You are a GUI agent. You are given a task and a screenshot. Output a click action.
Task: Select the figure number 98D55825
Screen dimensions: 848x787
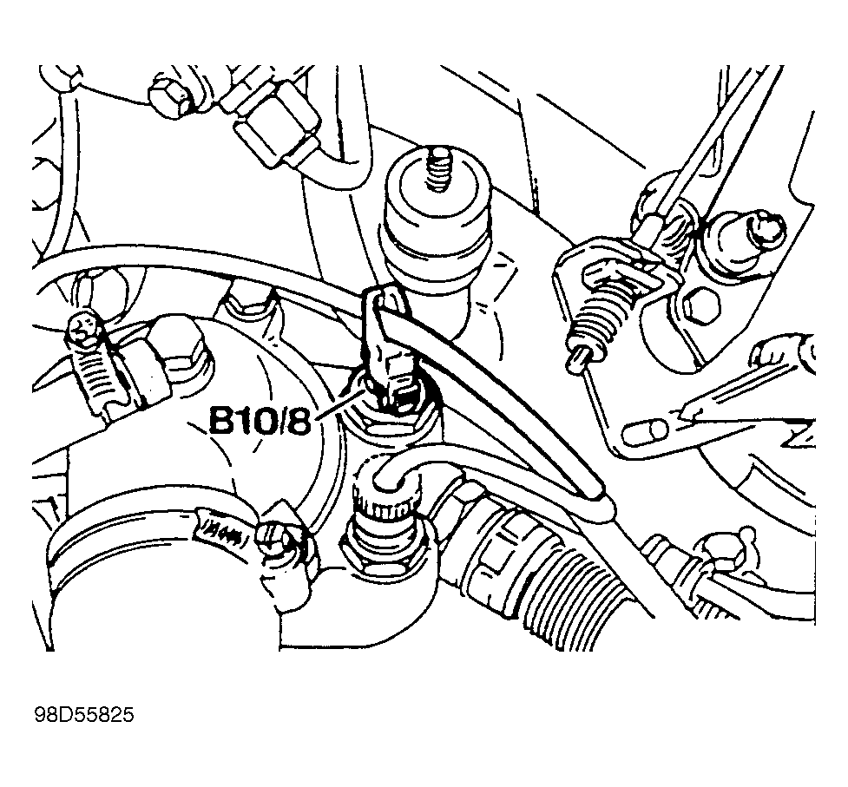click(x=84, y=715)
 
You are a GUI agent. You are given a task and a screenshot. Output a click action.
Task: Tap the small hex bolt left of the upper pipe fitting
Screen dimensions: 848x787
click(x=171, y=96)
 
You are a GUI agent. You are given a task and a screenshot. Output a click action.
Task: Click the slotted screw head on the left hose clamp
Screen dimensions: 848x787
click(x=82, y=331)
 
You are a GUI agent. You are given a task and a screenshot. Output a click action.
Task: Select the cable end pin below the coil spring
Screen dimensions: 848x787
click(x=579, y=357)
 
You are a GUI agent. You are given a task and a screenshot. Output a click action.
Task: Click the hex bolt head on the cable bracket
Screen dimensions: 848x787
click(x=701, y=304)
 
